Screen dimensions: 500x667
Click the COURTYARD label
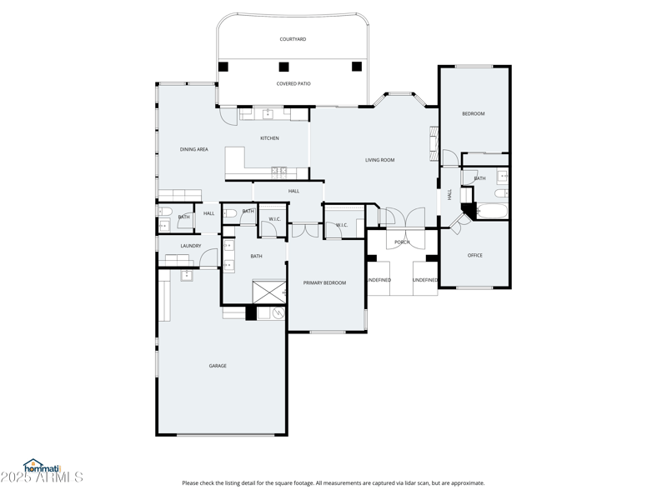coord(293,39)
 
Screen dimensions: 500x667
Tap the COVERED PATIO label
coord(293,83)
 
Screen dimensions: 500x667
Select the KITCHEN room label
coord(269,138)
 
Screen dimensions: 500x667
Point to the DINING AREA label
coord(193,149)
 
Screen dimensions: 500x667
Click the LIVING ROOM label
coord(379,160)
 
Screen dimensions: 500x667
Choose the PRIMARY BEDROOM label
coord(324,283)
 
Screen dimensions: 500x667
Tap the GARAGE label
coord(218,366)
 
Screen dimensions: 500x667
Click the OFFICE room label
coord(474,256)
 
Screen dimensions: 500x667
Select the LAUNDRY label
coord(191,246)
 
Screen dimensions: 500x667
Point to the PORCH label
coord(402,242)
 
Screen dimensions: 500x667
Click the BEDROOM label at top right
coord(474,113)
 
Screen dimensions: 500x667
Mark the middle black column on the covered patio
coord(283,67)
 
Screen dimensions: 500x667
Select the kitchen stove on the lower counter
coord(279,172)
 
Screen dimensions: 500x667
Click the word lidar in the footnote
coord(398,483)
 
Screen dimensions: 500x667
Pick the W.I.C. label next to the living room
coord(342,225)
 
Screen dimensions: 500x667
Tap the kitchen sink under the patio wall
coord(269,113)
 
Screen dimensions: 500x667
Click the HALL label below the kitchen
coord(293,191)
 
